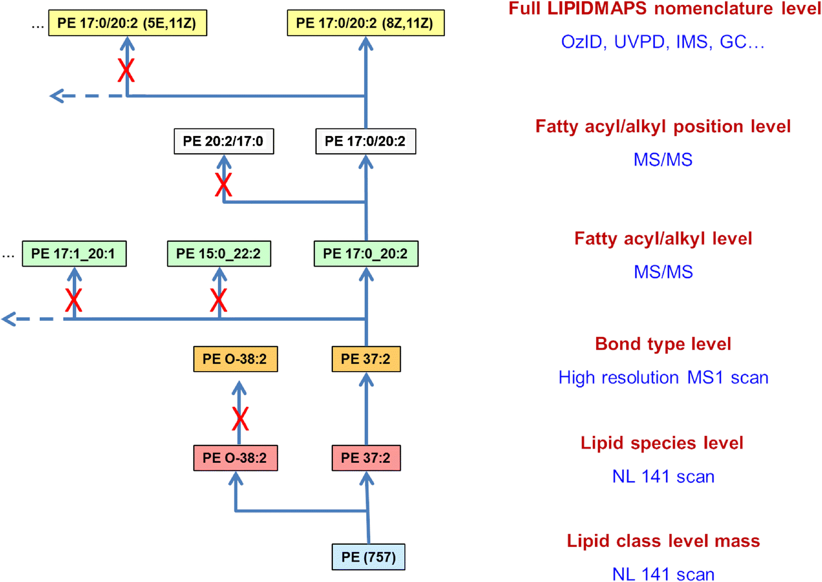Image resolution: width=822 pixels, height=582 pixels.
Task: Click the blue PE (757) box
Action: tap(368, 557)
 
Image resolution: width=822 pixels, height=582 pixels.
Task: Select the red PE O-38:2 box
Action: tap(235, 458)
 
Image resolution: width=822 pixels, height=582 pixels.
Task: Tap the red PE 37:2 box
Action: tap(366, 458)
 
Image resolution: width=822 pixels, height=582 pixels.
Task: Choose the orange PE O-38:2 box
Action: tap(235, 359)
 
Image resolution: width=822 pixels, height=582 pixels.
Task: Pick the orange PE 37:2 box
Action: tap(366, 359)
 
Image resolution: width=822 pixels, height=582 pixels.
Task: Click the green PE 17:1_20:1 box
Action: tap(74, 254)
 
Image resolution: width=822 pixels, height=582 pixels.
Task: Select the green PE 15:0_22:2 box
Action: tap(219, 254)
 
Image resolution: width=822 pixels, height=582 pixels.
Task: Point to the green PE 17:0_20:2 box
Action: tap(366, 254)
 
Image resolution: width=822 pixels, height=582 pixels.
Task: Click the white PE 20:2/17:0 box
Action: tap(223, 141)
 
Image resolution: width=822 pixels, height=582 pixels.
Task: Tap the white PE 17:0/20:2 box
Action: tap(365, 141)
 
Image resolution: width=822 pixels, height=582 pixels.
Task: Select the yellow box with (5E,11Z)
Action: tap(127, 23)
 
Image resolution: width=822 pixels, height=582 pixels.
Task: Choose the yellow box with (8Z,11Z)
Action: tap(365, 23)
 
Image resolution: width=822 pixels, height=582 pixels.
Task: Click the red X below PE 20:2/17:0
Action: tap(223, 184)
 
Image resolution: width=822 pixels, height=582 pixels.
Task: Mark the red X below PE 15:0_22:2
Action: tap(218, 300)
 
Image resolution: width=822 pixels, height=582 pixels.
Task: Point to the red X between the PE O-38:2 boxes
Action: tap(240, 419)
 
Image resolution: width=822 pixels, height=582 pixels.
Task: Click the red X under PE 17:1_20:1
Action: tap(74, 300)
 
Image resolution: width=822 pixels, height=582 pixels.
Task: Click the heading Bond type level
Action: tap(663, 344)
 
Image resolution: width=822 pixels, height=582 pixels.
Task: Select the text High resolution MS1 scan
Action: tap(663, 378)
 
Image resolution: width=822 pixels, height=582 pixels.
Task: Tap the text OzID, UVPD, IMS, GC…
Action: tap(663, 42)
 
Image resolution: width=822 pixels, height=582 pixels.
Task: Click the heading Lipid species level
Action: tap(662, 443)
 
